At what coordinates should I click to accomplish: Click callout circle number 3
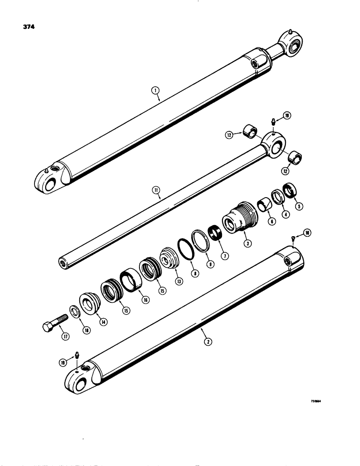pos(246,243)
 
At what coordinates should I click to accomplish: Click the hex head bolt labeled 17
pos(51,323)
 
